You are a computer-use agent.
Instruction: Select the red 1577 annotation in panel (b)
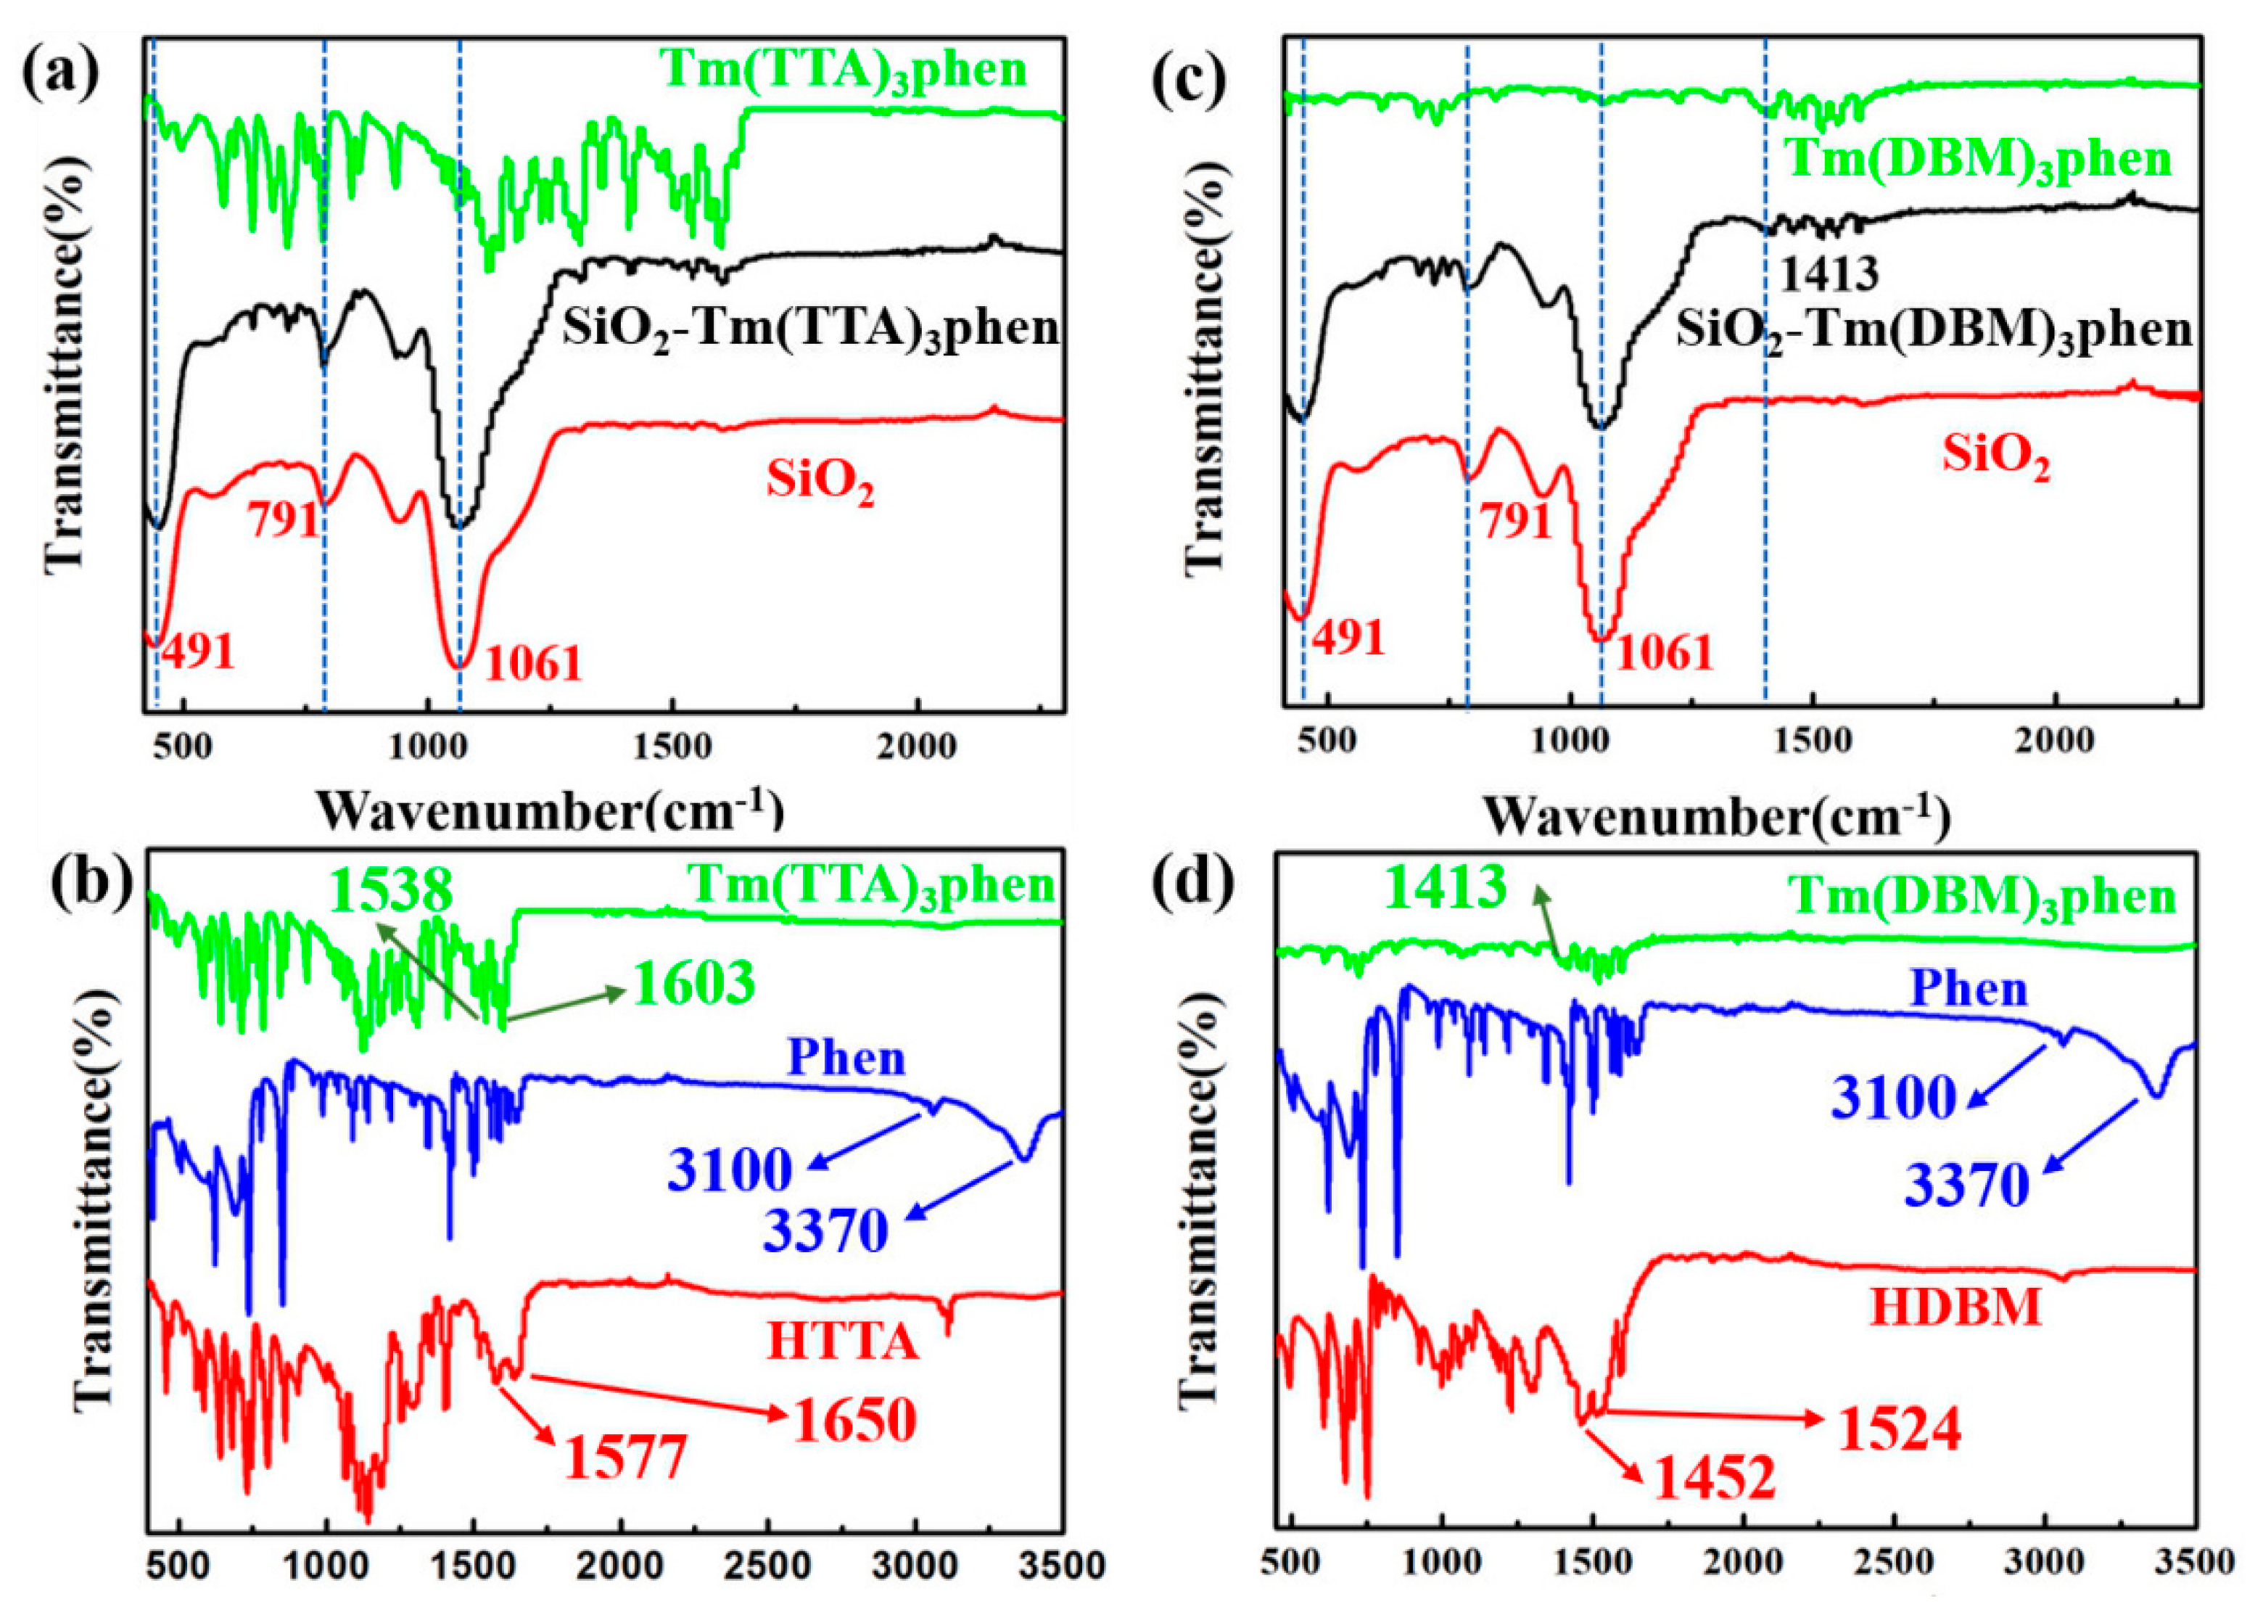click(625, 1458)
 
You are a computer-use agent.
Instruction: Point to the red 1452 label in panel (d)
click(1714, 1479)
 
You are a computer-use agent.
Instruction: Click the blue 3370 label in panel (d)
click(1967, 1185)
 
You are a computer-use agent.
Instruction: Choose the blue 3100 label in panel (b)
click(730, 1169)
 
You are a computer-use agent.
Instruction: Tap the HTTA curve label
click(843, 1343)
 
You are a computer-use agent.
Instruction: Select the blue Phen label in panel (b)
click(846, 1059)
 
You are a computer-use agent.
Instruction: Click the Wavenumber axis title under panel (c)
click(1716, 818)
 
